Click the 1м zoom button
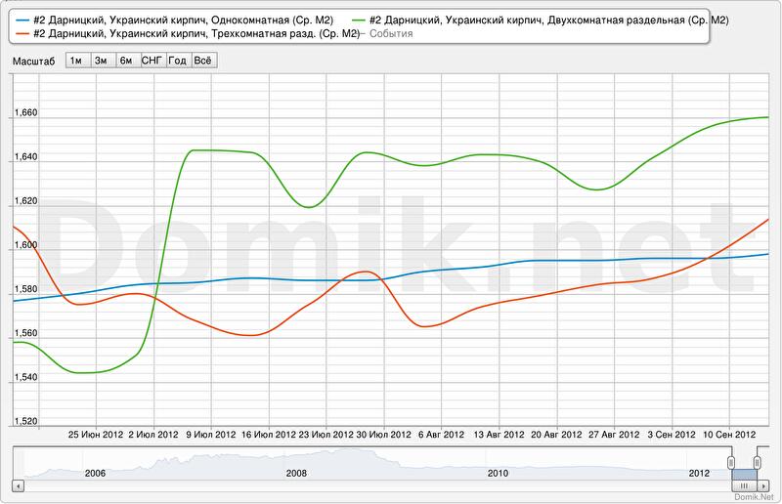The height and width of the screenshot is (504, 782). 76,60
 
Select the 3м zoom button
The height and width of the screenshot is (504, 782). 101,60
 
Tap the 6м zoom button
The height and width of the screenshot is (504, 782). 126,60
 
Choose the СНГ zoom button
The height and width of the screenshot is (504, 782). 152,60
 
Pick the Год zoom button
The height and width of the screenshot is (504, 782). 177,60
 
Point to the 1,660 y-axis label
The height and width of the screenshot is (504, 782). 24,112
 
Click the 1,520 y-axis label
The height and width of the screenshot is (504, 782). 24,421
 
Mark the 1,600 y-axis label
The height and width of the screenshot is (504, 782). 24,245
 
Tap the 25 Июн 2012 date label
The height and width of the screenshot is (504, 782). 95,435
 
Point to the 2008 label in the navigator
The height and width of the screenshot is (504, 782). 296,473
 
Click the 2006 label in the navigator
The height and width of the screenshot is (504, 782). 95,473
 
